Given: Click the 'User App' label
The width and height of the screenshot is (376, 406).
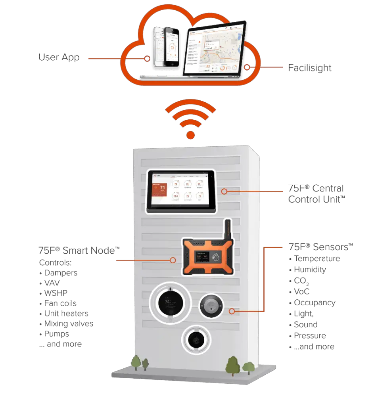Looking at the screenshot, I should coord(59,58).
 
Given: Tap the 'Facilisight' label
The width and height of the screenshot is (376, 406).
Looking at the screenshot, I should coord(311,68).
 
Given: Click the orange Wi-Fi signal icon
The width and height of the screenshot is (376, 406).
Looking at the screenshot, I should coord(191,119).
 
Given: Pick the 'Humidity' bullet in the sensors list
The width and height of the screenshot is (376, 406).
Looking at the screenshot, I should coord(310,270).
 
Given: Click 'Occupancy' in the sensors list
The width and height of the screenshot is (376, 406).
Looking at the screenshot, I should coord(315,303).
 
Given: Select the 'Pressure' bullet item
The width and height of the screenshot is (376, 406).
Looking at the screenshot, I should coord(310,336).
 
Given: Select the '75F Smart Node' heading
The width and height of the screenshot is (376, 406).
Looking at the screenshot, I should coord(79,250).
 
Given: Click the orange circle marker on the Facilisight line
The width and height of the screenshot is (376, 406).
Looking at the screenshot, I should coord(247,67).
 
